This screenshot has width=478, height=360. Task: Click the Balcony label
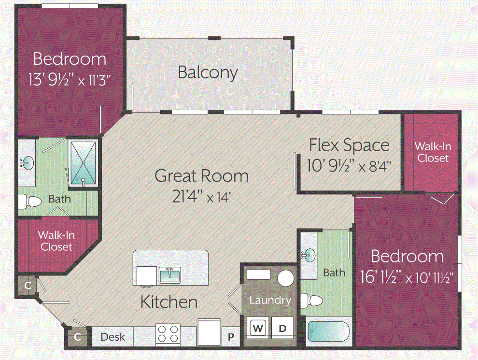208,72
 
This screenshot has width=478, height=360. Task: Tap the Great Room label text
201,175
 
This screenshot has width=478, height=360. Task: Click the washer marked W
258,328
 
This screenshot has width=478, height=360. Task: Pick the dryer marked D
282,328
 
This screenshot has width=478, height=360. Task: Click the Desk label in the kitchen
112,337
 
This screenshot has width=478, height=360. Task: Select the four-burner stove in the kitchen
168,334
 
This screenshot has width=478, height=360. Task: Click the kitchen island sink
169,275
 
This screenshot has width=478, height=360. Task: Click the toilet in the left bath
29,201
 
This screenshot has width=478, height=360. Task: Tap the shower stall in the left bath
83,163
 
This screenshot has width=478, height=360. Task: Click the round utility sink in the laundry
286,279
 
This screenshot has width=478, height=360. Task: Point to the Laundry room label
270,300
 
